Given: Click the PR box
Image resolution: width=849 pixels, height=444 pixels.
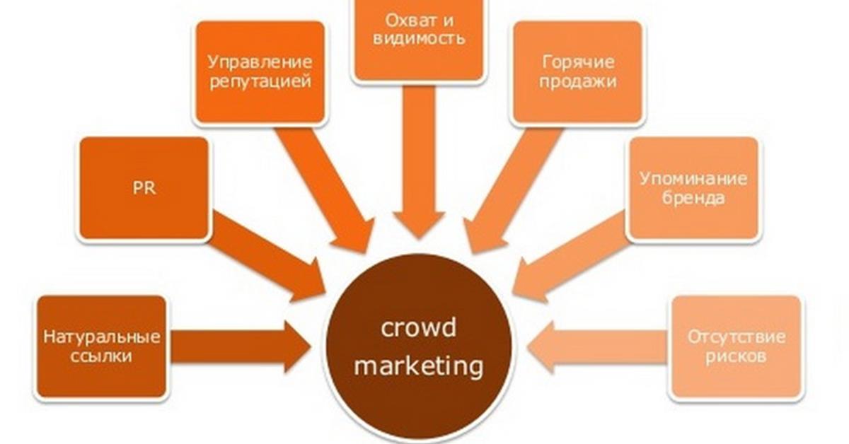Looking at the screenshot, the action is point(144,188).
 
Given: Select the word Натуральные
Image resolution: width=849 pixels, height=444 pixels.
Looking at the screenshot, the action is point(102,337).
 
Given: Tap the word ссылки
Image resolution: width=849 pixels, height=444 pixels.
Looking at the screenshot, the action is point(101,356).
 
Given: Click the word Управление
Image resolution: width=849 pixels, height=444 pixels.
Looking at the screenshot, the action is point(260,62).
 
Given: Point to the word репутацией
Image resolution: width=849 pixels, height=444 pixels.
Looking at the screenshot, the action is point(260,82).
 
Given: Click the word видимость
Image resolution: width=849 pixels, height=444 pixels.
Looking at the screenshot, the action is point(419,39).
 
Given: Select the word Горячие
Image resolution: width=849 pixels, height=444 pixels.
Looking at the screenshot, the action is point(578,62).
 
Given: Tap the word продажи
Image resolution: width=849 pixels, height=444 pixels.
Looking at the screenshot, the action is point(578,81).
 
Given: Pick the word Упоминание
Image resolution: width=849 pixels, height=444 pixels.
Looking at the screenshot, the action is point(693,179).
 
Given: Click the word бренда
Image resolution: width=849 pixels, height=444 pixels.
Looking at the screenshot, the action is point(693,197).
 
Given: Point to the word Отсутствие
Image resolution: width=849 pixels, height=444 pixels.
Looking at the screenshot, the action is point(737,337).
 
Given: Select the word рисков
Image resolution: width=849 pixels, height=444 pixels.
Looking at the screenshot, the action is point(736,357).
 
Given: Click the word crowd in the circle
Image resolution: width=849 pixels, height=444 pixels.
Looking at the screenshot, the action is point(418,327).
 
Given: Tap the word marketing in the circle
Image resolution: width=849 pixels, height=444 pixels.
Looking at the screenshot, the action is point(418,366).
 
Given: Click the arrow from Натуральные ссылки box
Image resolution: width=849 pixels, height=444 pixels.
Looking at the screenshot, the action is point(241,346).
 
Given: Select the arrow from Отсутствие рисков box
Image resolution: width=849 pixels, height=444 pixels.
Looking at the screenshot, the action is point(596,346).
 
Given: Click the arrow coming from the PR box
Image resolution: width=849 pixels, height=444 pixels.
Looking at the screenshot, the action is point(268,257).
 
